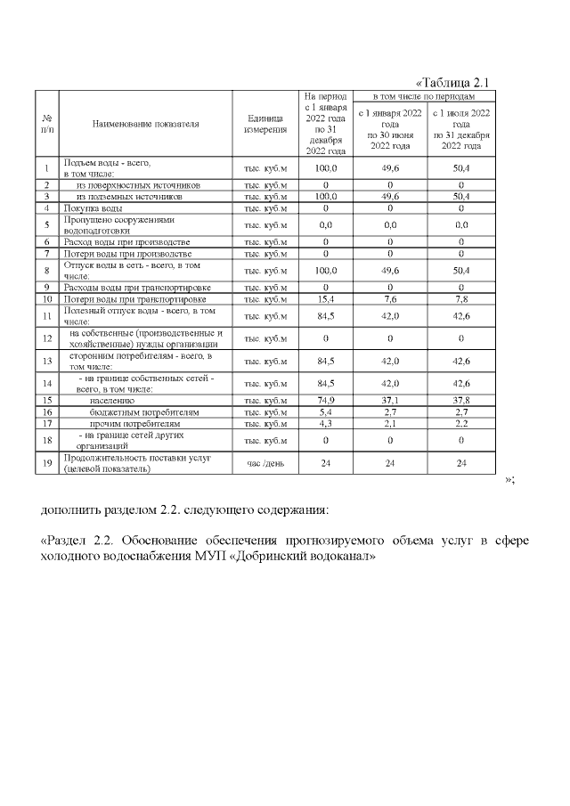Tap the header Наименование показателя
coord(145,124)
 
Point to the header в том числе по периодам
coord(422,95)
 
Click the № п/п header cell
coord(46,124)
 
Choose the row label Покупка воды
coord(87,208)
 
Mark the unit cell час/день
coord(265,463)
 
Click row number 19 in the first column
coord(46,463)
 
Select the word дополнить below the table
coord(75,510)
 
